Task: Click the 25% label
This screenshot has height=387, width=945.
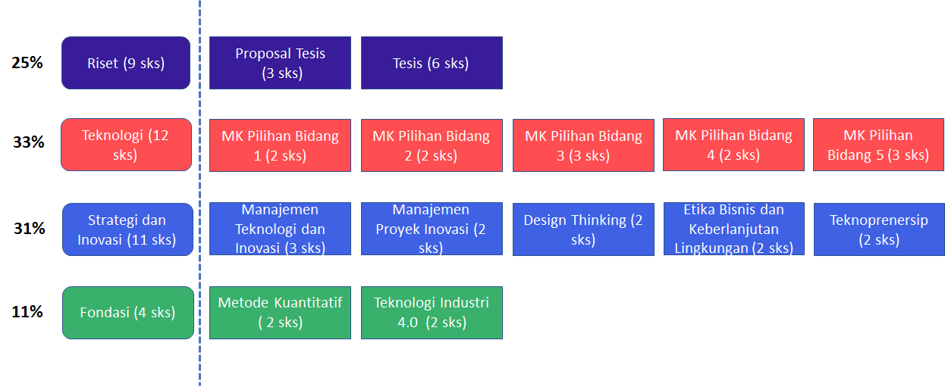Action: point(27,63)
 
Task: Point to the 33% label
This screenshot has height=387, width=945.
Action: point(28,142)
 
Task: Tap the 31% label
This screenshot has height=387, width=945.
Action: point(29,228)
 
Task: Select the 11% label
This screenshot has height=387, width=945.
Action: point(27,312)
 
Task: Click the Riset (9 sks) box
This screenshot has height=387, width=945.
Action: point(126,63)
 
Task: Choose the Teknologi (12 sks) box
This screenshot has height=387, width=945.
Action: point(126,145)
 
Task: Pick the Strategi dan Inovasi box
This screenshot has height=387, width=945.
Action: point(128,229)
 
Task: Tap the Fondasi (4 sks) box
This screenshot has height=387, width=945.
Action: point(128,313)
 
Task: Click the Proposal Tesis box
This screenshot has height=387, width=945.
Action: point(280,63)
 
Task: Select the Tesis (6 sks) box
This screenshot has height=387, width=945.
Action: point(432,63)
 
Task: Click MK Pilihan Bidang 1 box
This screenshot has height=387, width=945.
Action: point(280,145)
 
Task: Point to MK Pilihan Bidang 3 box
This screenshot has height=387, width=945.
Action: point(583,145)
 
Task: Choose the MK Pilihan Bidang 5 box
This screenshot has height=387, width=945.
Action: point(879,145)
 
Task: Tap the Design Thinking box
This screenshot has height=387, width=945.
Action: point(583,229)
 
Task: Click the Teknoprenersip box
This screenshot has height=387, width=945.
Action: point(879,229)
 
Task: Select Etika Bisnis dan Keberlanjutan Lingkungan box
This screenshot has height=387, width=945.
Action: point(734,229)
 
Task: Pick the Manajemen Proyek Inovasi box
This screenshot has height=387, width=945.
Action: point(432,229)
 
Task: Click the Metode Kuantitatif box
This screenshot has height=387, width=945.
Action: point(280,313)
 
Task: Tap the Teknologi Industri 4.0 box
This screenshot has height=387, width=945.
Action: point(432,313)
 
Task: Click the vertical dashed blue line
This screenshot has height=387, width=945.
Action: point(199,193)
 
